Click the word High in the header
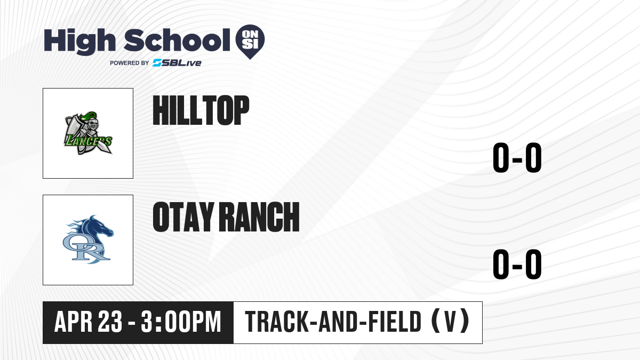[x=79, y=42]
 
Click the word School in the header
[x=177, y=40]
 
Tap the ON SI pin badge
[x=250, y=42]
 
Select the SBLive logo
[x=177, y=63]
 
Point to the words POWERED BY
[x=130, y=63]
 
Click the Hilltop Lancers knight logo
[x=88, y=133]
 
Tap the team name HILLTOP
[x=201, y=110]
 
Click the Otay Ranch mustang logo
[x=89, y=239]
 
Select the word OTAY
[x=183, y=217]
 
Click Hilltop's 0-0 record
[x=517, y=157]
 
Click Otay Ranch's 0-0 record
[x=517, y=264]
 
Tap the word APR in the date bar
[x=74, y=322]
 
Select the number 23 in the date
[x=110, y=322]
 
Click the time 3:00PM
[x=181, y=322]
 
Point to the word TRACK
[x=277, y=322]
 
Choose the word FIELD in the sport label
[x=395, y=322]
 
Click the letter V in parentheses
[x=450, y=322]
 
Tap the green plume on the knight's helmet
[x=89, y=116]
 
